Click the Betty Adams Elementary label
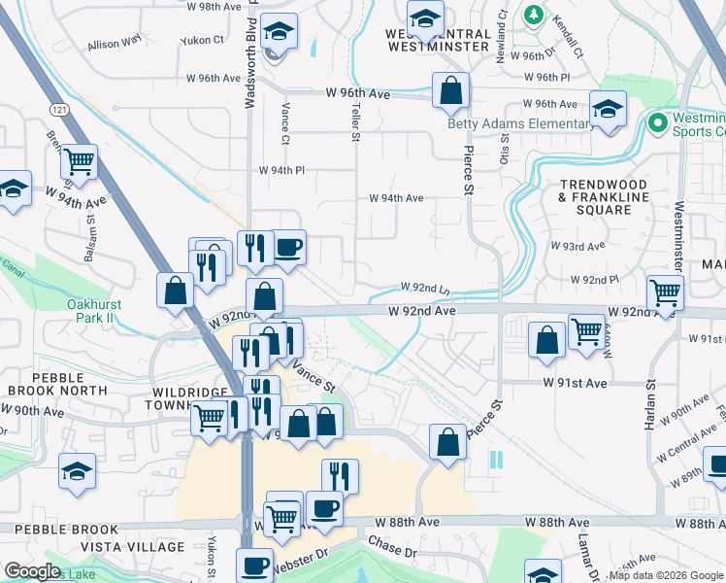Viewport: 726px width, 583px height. pyautogui.click(x=520, y=123)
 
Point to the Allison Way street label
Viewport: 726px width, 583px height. pyautogui.click(x=115, y=43)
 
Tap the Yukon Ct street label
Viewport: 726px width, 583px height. pyautogui.click(x=204, y=42)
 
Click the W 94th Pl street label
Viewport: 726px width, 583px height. pyautogui.click(x=281, y=170)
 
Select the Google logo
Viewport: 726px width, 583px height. pyautogui.click(x=33, y=571)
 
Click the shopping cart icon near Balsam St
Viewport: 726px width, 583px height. pyautogui.click(x=79, y=161)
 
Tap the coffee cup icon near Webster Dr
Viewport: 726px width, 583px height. pyautogui.click(x=255, y=566)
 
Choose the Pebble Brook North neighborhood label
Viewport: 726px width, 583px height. pyautogui.click(x=56, y=383)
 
